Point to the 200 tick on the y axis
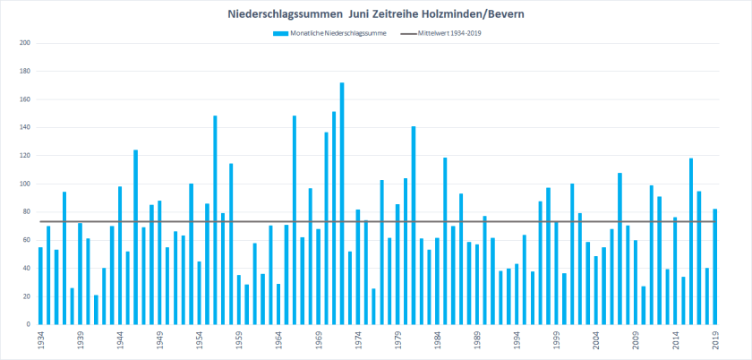[x=24, y=43]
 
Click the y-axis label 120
[x=24, y=156]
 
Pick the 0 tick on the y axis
[x=28, y=324]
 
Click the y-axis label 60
[x=26, y=240]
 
